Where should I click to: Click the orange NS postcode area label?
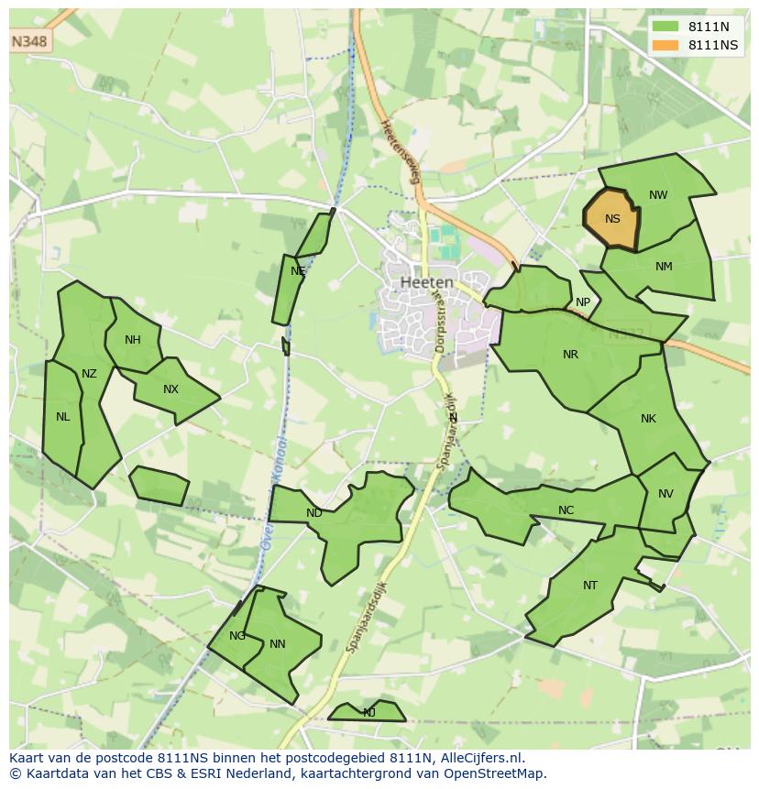[x=612, y=219]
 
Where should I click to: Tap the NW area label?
[x=658, y=195]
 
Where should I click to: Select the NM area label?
[x=664, y=267]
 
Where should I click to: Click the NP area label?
[x=583, y=302]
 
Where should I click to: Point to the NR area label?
[x=570, y=355]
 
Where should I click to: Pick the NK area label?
[x=648, y=419]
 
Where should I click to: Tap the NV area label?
[x=665, y=494]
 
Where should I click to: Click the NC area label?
[x=566, y=510]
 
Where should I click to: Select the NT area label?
[x=589, y=586]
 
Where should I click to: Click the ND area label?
[x=314, y=513]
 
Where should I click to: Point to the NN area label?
[x=278, y=644]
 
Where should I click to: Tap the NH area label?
[x=133, y=340]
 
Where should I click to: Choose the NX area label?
[x=170, y=389]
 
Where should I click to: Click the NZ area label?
[x=89, y=373]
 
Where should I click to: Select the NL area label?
[x=62, y=417]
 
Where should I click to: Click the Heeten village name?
[x=426, y=283]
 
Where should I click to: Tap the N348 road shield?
[x=29, y=42]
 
